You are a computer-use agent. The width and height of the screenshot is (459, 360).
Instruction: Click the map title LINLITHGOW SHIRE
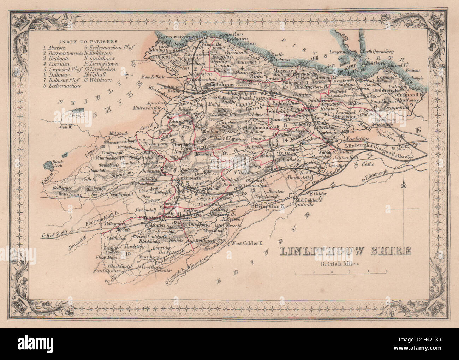[345, 251]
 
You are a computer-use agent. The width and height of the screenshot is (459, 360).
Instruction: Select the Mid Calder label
[306, 200]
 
